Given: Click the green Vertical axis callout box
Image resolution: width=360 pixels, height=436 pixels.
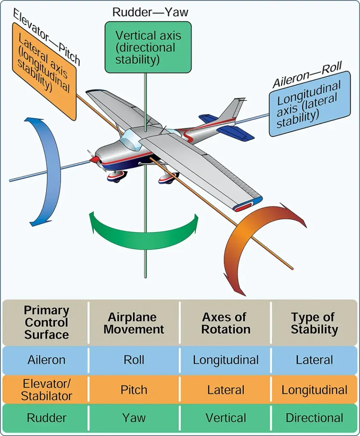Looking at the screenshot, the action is point(148,47).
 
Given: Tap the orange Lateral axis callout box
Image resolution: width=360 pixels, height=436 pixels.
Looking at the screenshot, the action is point(44,72).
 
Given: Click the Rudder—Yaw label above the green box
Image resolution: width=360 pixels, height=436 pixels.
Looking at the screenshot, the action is point(150,12).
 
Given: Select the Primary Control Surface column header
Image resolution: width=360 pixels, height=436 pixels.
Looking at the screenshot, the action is point(46,323).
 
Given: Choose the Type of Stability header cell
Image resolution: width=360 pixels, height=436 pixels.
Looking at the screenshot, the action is point(314,323).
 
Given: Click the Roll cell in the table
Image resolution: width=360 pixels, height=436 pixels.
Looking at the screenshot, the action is point(134,360).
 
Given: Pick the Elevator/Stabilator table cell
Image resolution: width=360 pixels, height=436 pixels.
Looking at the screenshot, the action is point(46,390).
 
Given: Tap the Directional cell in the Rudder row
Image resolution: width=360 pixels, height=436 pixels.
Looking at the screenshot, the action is point(314,418).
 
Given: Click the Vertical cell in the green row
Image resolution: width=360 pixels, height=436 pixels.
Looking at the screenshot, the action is point(226,418).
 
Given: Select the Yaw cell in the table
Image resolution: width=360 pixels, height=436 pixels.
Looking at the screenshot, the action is point(134,418).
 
